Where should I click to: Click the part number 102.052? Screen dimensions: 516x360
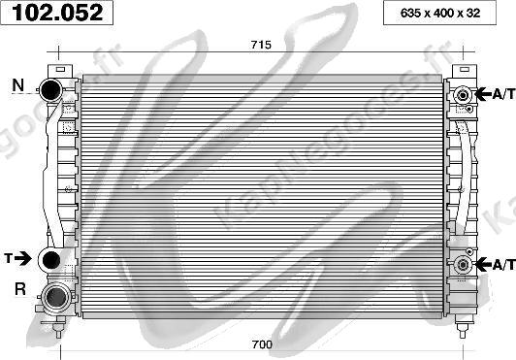click(x=57, y=13)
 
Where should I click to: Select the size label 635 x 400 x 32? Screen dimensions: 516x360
click(x=440, y=14)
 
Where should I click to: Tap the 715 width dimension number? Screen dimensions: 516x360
click(x=261, y=45)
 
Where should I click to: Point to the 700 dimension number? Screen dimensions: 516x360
click(x=262, y=344)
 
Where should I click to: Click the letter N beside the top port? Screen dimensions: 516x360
click(x=18, y=85)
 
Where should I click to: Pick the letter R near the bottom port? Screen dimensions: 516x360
click(x=20, y=289)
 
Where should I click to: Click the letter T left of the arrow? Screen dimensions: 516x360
click(x=9, y=258)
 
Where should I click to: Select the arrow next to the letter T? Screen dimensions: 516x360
click(x=22, y=258)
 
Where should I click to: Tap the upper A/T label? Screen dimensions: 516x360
click(x=503, y=94)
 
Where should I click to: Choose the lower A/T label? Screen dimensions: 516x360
click(x=503, y=265)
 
